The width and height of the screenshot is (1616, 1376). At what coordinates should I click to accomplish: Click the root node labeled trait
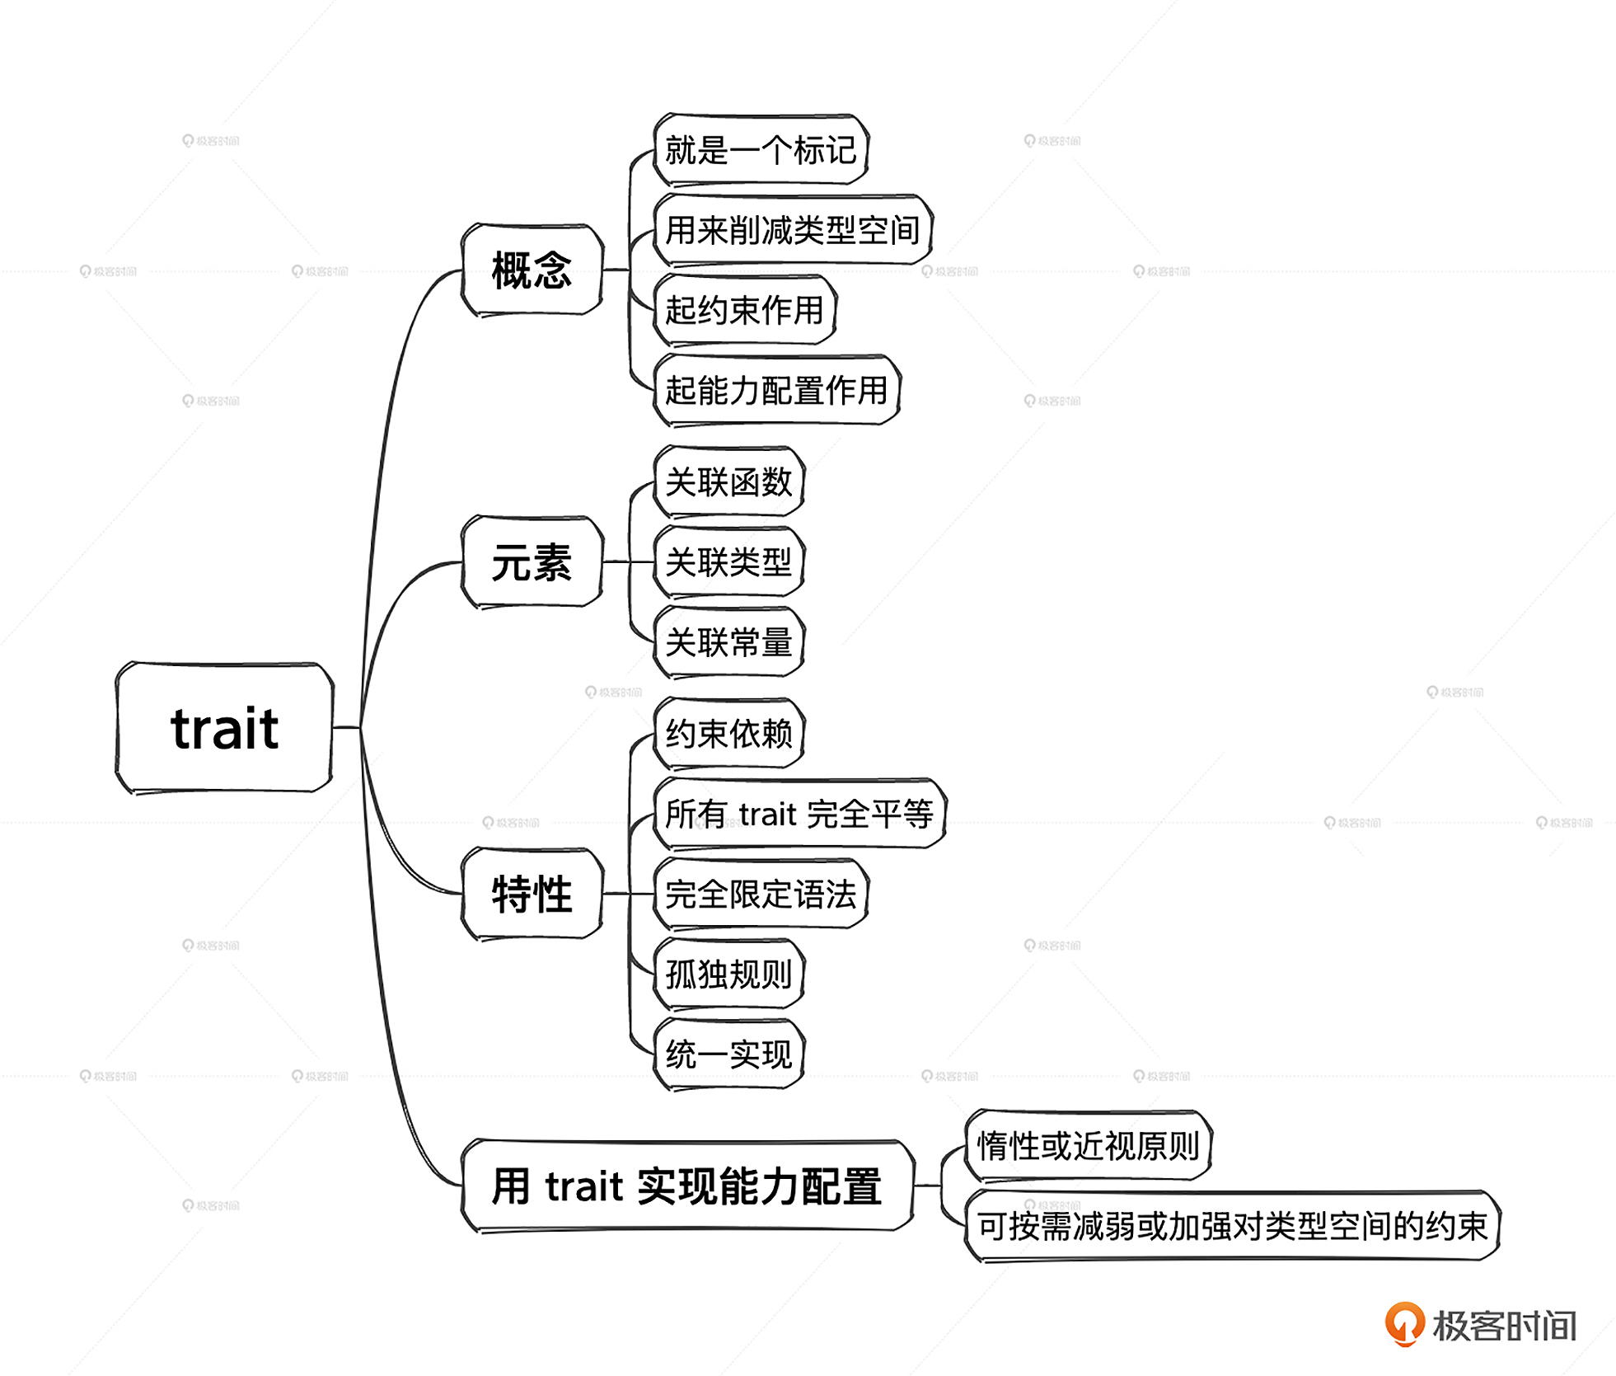pos(224,728)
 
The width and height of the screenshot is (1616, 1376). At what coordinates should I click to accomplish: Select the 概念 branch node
pos(532,270)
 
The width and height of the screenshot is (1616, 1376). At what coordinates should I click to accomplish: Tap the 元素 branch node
pos(532,562)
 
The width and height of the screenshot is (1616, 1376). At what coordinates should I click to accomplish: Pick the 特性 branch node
pos(532,894)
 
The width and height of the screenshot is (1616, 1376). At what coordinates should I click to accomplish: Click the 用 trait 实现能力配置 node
pos(687,1186)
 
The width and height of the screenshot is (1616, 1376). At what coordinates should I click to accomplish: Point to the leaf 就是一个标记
pos(761,150)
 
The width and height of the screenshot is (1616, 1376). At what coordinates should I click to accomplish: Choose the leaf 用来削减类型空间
pos(792,230)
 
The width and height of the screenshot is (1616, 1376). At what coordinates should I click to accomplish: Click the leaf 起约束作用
pos(744,310)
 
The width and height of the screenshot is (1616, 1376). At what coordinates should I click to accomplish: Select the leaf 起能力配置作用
pos(776,390)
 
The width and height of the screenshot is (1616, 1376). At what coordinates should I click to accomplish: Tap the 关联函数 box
pos(728,481)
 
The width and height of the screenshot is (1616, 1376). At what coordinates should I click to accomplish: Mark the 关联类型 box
pos(728,562)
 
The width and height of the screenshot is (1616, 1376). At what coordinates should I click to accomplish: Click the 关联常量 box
pos(728,642)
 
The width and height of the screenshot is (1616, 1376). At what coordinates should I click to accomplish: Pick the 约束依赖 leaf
pos(728,733)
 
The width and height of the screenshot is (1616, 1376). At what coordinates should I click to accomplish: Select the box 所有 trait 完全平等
pos(799,814)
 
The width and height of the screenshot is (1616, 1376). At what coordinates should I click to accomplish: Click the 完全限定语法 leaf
pos(761,894)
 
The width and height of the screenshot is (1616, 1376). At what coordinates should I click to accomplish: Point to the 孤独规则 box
pos(728,974)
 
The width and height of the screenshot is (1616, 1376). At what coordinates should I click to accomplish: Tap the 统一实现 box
pos(728,1054)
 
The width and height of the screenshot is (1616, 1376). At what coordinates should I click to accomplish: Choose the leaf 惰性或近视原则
pos(1088,1145)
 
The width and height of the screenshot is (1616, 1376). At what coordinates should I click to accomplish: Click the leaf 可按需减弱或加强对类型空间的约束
pos(1232,1226)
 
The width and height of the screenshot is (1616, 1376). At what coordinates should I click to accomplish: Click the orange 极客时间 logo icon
pos(1404,1322)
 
